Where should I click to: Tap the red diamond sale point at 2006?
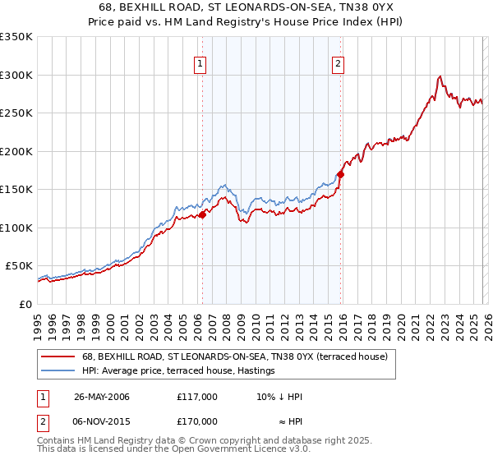(x=202, y=215)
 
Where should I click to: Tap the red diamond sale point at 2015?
(x=340, y=174)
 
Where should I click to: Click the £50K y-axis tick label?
(x=20, y=266)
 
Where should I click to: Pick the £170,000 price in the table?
(x=197, y=421)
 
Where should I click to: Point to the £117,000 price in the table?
(x=197, y=397)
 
